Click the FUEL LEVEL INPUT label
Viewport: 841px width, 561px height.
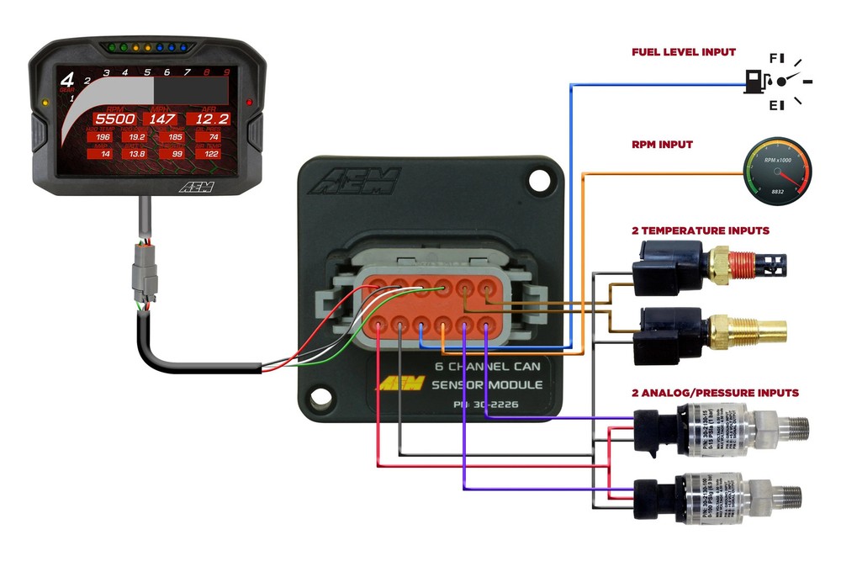click(x=683, y=52)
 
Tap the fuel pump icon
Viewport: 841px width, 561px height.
click(x=754, y=82)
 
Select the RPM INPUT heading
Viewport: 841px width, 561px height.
click(x=663, y=145)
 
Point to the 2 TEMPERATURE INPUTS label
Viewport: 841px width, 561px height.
click(x=700, y=230)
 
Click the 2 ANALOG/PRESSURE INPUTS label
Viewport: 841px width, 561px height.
click(x=715, y=393)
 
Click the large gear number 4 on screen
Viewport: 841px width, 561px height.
click(x=67, y=82)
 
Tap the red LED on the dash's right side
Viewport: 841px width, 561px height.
click(x=248, y=102)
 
